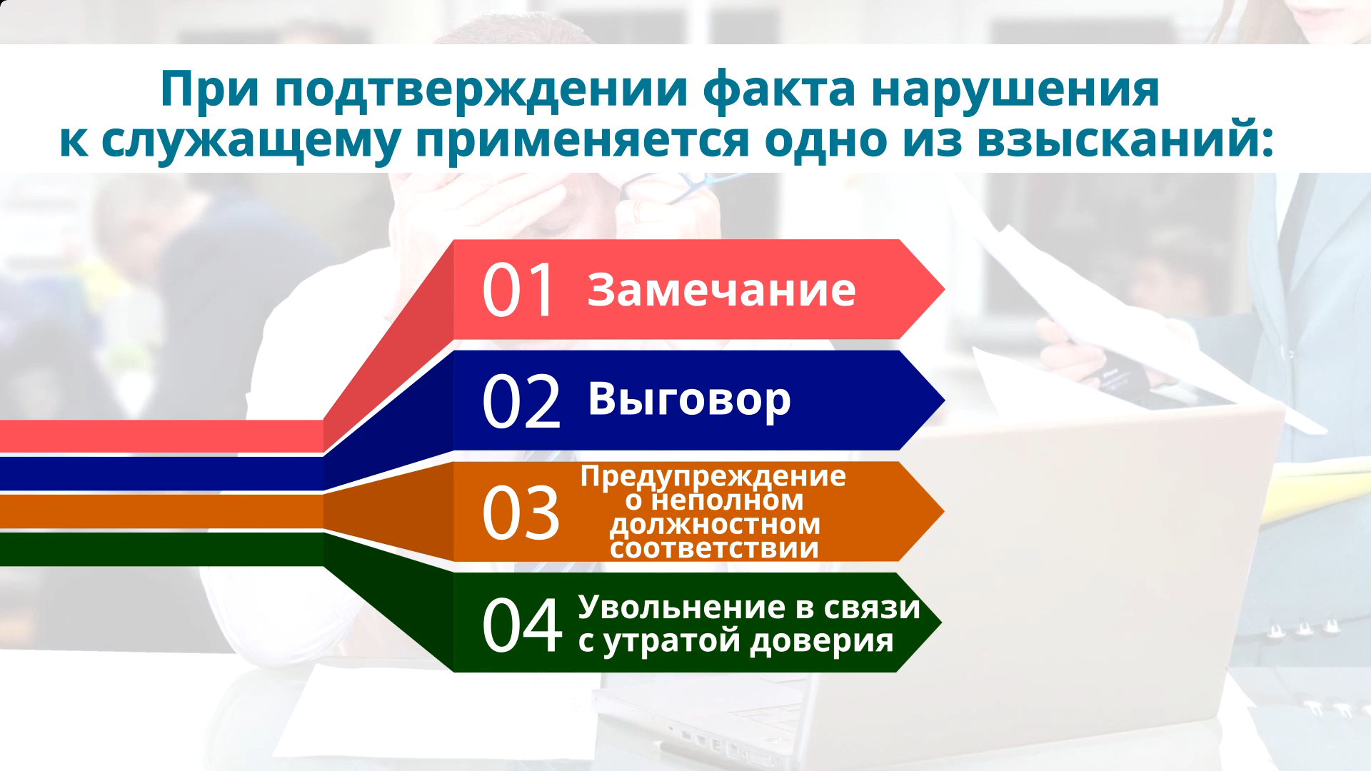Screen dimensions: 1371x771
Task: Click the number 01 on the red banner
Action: tap(519, 290)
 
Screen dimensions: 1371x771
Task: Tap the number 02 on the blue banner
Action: tap(521, 401)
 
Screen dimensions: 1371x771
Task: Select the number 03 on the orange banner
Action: tap(521, 513)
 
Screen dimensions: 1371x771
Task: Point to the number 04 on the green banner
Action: tap(522, 625)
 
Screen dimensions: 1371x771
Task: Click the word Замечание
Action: tap(721, 290)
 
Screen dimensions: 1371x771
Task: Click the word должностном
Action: tap(715, 525)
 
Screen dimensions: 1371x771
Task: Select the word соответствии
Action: tap(714, 549)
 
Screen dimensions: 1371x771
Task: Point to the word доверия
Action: tap(822, 641)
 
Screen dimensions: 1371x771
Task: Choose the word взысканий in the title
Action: tap(1124, 139)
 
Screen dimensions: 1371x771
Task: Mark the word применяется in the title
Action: tap(583, 141)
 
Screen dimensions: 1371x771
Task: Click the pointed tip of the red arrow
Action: tap(945, 290)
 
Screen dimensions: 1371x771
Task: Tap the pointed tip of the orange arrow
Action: tap(944, 512)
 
